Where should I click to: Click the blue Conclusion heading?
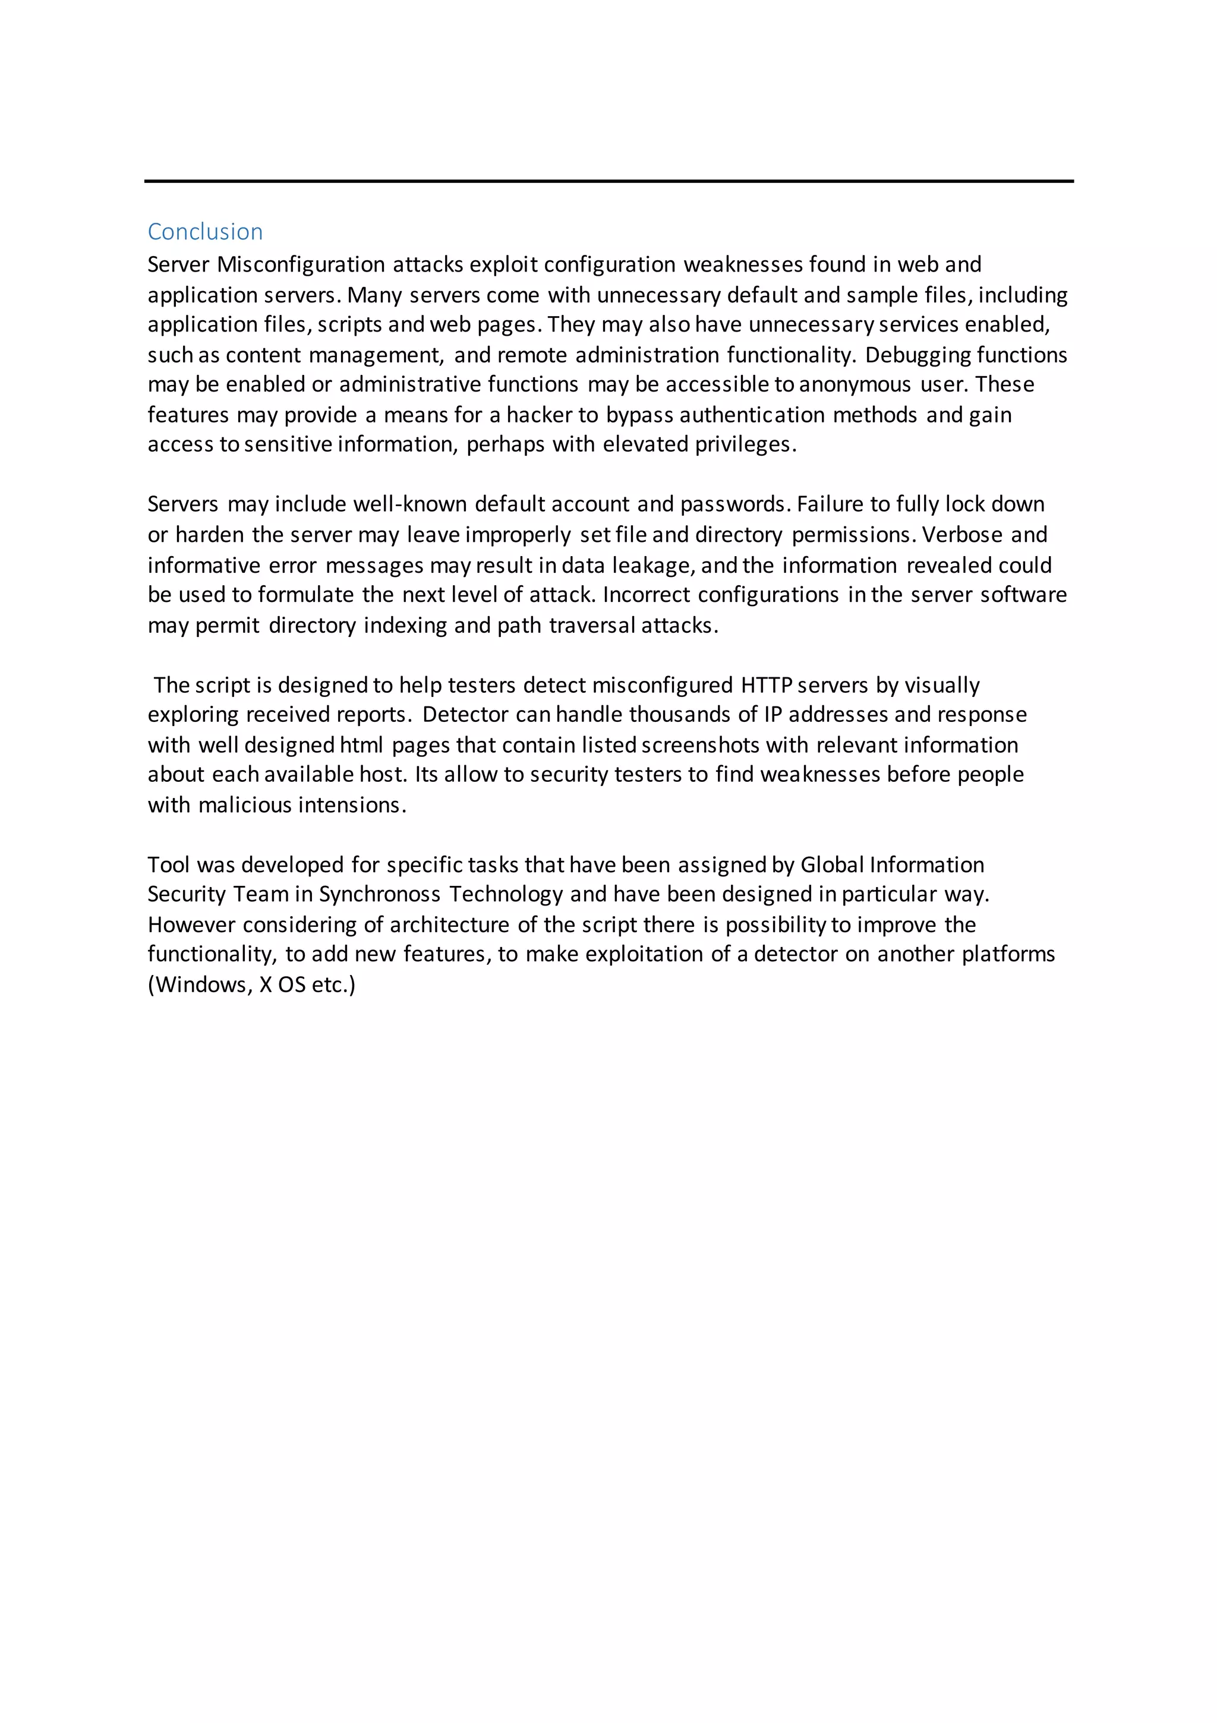point(205,232)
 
